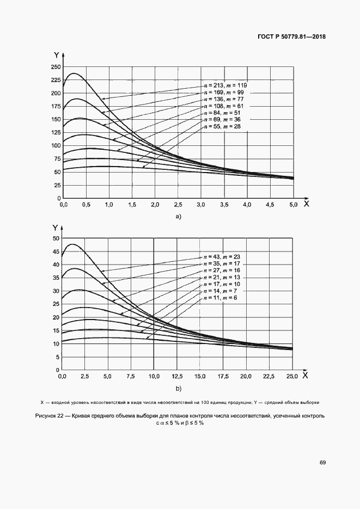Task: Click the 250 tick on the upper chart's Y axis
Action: click(54, 67)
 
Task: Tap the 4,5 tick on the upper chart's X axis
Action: click(270, 205)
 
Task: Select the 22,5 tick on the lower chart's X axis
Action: click(269, 376)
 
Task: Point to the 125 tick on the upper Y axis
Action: click(54, 133)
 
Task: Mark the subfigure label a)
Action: click(178, 217)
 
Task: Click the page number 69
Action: click(322, 462)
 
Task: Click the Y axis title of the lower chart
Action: click(55, 228)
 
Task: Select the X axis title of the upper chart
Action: click(306, 204)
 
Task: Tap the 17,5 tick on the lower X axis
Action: click(223, 376)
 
